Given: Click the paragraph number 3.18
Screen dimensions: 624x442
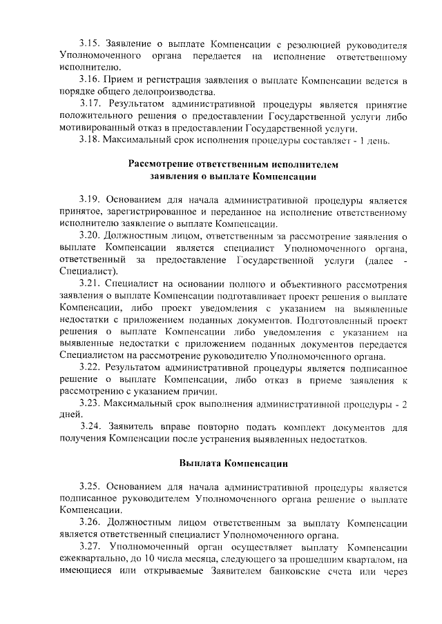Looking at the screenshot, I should (90, 141).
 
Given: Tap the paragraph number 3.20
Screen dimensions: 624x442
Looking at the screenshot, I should (90, 236).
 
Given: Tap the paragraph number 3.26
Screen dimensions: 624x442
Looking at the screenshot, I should (90, 521).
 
